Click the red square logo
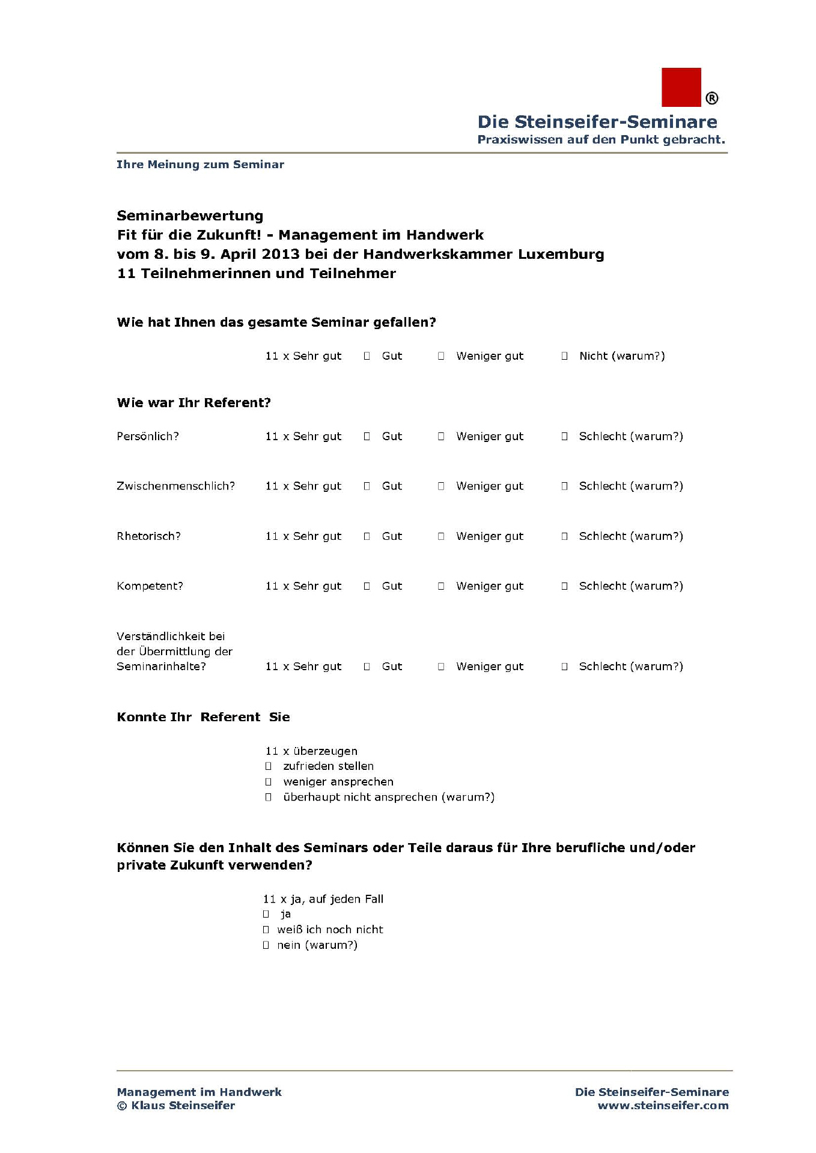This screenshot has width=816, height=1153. click(681, 87)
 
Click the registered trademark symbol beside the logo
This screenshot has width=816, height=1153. click(711, 98)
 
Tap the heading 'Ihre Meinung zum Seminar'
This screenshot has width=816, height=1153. click(200, 165)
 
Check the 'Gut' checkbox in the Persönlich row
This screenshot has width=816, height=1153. click(367, 437)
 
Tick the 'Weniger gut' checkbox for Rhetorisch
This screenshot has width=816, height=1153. click(441, 536)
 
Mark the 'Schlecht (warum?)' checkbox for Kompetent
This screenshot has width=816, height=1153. click(564, 586)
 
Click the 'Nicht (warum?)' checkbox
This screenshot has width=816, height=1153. click(564, 356)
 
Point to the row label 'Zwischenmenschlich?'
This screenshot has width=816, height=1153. click(175, 486)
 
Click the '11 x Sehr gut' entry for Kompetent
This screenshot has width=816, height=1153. click(303, 586)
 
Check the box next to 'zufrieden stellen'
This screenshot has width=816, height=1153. click(269, 766)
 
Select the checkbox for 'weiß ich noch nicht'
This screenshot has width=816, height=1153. click(266, 930)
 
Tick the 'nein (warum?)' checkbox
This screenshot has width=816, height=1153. click(266, 945)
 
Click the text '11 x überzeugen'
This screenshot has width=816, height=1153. click(311, 751)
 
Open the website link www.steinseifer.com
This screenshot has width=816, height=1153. click(663, 1106)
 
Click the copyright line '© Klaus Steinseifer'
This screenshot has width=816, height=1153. click(175, 1106)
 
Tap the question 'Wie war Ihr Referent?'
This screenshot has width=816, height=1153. click(193, 403)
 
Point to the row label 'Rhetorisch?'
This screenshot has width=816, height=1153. click(148, 536)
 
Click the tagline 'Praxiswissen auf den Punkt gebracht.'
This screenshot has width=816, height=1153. click(601, 140)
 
